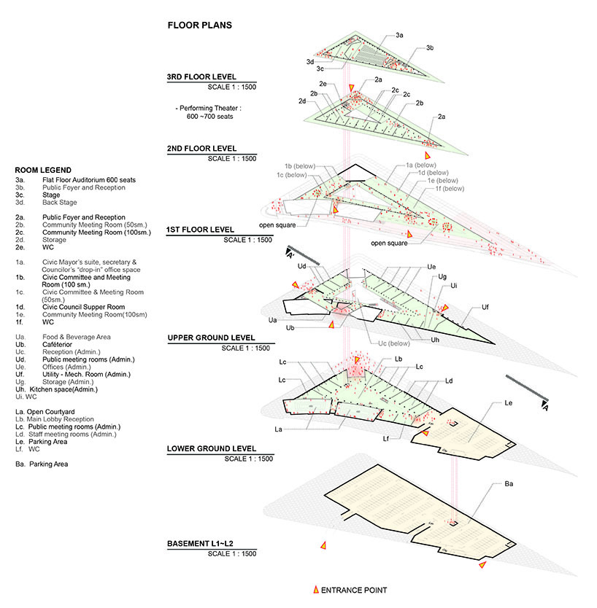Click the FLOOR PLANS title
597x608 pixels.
[x=199, y=26]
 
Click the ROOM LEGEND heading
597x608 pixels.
[x=43, y=170]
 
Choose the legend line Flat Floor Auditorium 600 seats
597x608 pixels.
[x=89, y=179]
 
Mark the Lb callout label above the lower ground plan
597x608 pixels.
[x=398, y=359]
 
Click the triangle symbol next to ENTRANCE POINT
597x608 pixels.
[x=315, y=590]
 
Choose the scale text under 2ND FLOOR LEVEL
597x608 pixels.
[x=232, y=158]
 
